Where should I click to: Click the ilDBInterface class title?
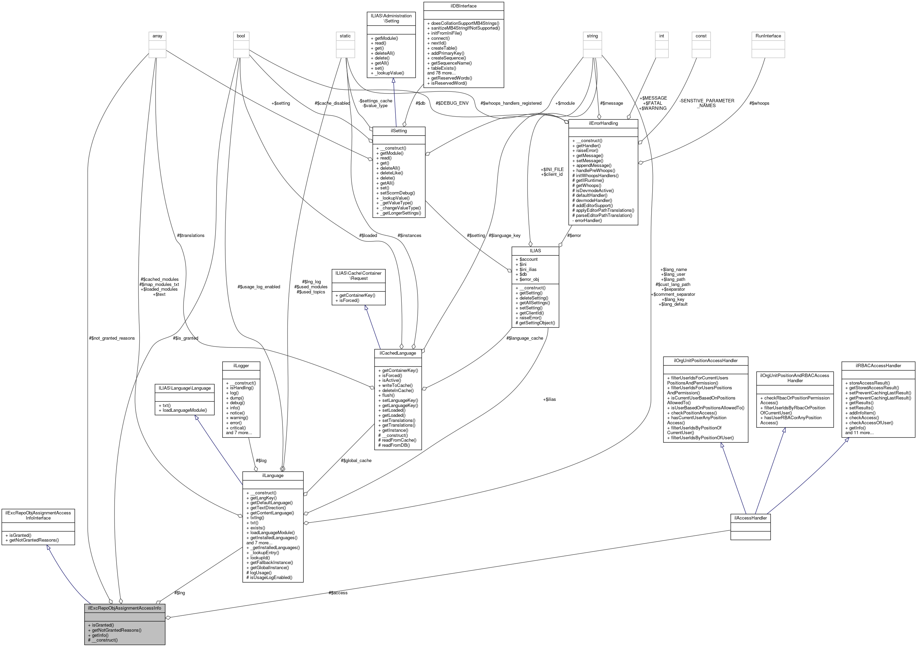463,6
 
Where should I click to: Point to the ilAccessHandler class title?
750,517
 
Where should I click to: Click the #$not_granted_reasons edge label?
112,338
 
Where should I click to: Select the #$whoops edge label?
759,103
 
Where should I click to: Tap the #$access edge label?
338,593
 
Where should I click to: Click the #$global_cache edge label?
356,460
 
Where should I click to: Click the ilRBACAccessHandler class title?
878,365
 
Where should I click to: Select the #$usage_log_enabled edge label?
259,287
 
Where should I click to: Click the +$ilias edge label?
549,399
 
